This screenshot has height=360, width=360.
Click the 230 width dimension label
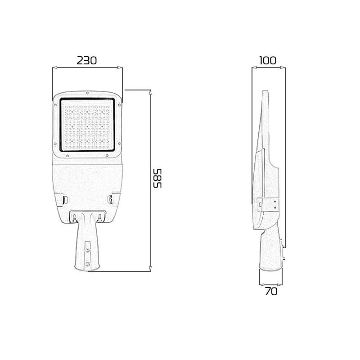tap(87, 60)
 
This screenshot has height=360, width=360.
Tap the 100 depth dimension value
tap(268, 60)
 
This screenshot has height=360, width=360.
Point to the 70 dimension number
tap(271, 292)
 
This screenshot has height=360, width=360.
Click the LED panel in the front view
tap(88, 126)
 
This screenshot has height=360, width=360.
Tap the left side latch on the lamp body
tap(64, 198)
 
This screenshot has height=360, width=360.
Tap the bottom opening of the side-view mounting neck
tap(271, 270)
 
